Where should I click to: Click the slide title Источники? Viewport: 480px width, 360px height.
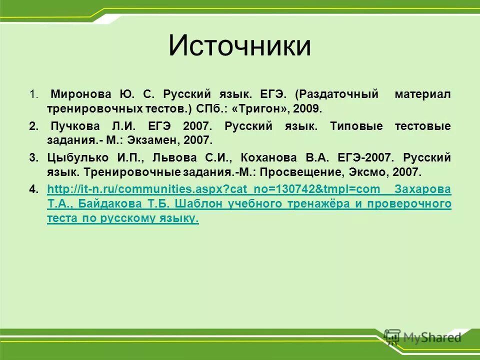point(239,46)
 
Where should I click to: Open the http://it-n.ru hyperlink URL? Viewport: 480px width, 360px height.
point(215,189)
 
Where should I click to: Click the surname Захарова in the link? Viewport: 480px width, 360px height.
point(422,189)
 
